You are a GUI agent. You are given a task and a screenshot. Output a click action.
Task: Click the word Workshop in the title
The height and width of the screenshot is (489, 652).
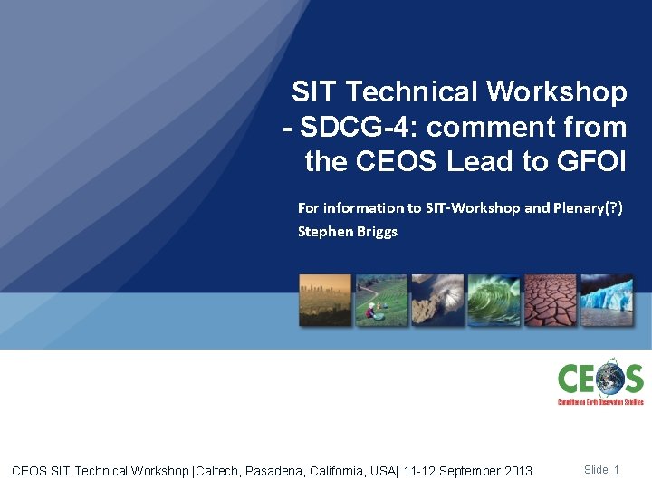(557, 91)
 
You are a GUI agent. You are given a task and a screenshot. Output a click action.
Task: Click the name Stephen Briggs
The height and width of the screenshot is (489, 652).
(348, 231)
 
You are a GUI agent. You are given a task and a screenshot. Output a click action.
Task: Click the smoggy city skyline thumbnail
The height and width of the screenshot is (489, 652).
(325, 300)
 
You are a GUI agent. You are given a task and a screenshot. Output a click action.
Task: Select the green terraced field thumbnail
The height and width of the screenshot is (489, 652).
(381, 300)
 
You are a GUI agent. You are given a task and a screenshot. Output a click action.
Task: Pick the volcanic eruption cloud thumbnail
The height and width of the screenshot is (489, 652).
(437, 300)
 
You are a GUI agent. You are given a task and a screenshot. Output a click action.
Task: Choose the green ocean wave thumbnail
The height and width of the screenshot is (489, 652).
(494, 300)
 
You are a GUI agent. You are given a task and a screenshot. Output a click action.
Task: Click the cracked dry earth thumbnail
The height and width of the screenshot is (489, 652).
(550, 300)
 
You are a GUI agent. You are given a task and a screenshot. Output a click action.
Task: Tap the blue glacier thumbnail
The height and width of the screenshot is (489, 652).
(607, 300)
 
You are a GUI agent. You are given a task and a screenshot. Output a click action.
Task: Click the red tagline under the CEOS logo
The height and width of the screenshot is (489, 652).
(599, 401)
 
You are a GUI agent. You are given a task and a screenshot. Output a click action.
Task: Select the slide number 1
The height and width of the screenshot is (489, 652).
(616, 470)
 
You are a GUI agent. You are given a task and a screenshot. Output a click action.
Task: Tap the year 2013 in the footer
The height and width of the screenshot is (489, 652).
(518, 471)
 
